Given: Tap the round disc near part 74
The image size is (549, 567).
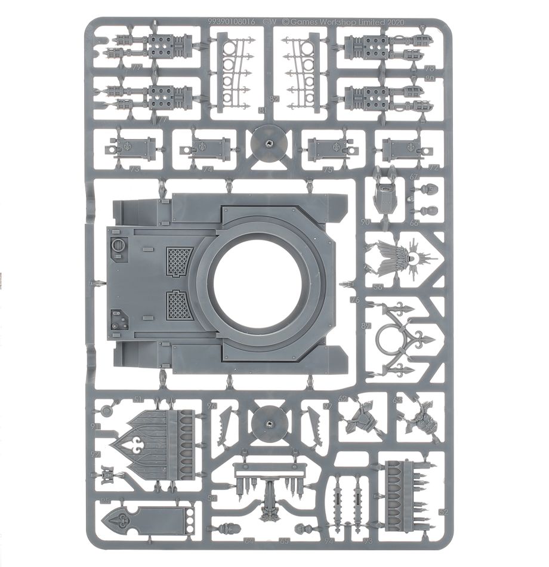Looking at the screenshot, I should tap(269, 143).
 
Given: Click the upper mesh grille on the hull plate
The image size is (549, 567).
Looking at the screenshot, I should tap(178, 261).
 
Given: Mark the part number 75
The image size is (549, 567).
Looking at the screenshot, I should tap(344, 169).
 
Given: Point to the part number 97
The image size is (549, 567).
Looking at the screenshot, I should tap(327, 406).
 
